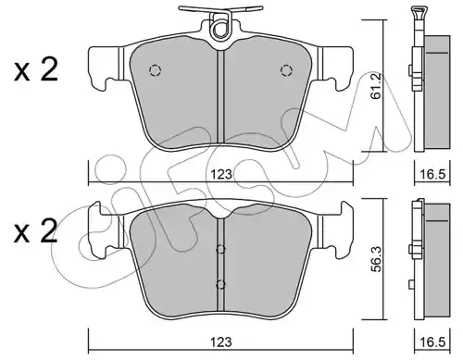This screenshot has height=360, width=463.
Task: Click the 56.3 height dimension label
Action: (x=376, y=259)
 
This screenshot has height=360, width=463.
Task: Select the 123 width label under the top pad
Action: (x=221, y=175)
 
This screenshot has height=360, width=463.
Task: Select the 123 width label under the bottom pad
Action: (x=221, y=342)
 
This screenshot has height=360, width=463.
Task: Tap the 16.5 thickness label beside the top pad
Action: (x=432, y=175)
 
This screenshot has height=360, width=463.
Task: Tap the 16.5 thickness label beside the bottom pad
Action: (x=432, y=342)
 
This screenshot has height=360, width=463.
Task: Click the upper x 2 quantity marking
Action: (x=36, y=70)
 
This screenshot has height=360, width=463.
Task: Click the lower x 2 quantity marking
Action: (x=36, y=230)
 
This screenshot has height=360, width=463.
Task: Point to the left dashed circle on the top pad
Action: (x=155, y=70)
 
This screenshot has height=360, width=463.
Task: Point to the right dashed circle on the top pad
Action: (x=286, y=70)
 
